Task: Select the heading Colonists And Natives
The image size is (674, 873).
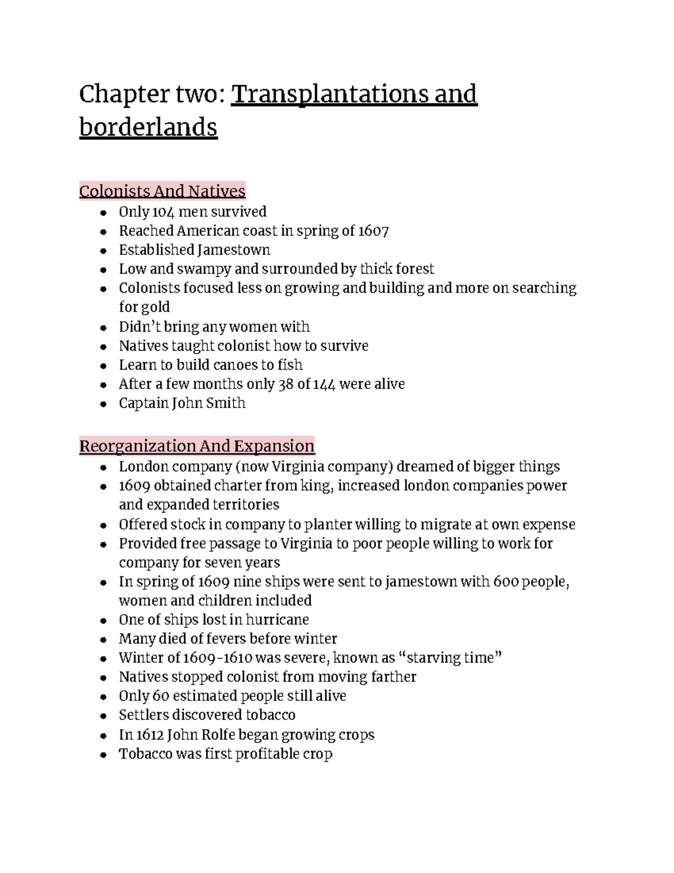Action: coord(162,191)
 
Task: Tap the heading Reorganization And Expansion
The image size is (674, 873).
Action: coord(197,446)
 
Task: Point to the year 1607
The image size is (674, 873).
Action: coord(374,231)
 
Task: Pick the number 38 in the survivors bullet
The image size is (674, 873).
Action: coord(285,384)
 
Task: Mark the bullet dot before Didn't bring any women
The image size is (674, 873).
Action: coord(103,328)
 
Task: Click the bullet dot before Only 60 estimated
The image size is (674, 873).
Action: coord(103,697)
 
